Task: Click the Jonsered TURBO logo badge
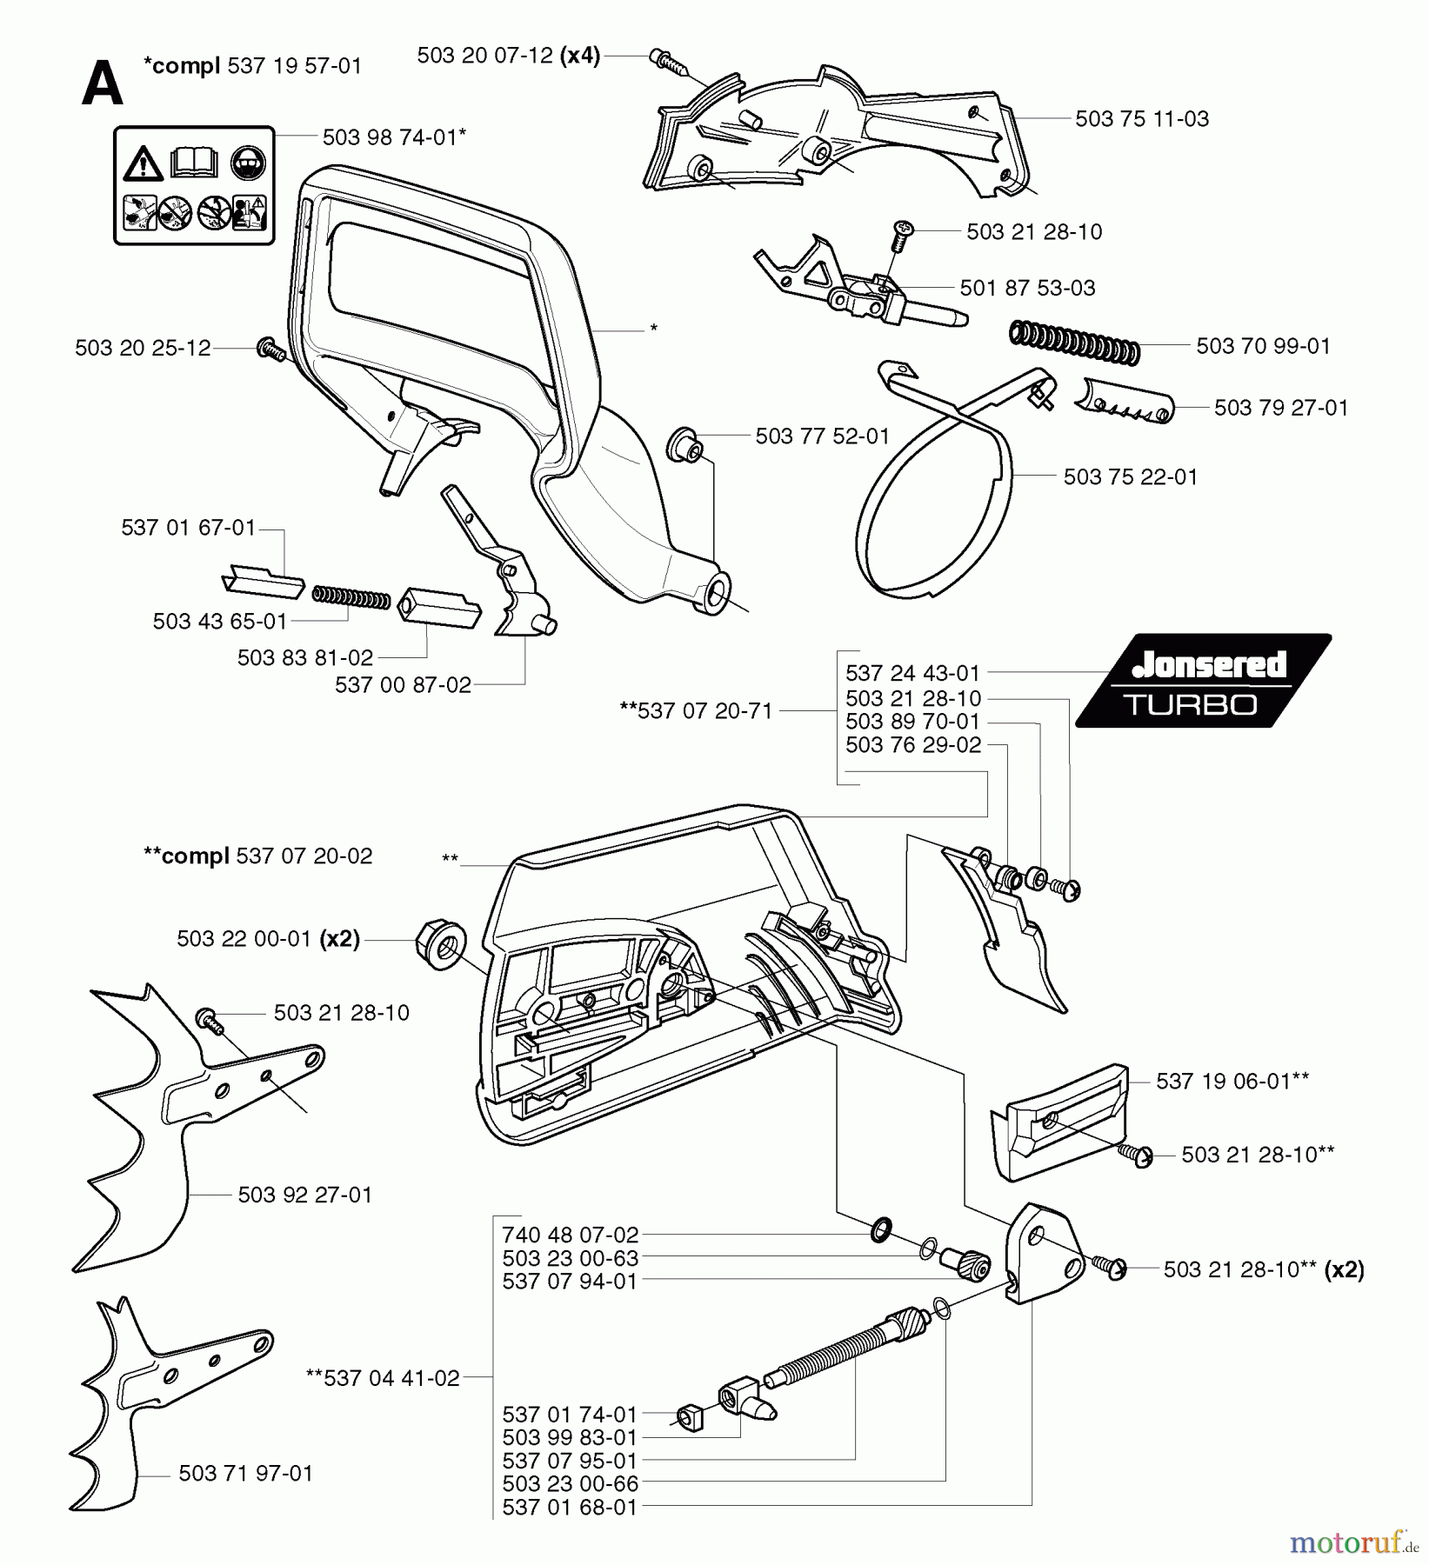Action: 1203,681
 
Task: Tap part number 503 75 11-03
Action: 1141,119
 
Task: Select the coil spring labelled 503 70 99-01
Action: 1074,343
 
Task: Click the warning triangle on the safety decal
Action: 143,163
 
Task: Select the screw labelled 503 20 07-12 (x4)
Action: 668,60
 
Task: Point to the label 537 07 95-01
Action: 570,1461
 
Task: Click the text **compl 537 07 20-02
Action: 257,856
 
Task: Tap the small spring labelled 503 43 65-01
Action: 351,597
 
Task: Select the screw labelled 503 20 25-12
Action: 271,350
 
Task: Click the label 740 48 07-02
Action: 570,1235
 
